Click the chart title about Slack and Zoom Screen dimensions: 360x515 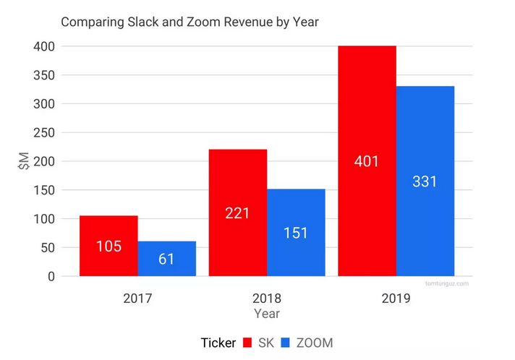190,22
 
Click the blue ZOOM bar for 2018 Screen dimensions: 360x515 296,210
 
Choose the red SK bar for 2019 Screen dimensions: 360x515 367,116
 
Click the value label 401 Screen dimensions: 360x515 367,161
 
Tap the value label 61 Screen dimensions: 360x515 167,259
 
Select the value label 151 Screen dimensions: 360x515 296,233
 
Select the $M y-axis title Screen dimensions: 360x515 23,160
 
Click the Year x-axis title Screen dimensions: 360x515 267,314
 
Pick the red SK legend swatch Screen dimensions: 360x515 247,342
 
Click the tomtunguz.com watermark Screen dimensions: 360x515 447,283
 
